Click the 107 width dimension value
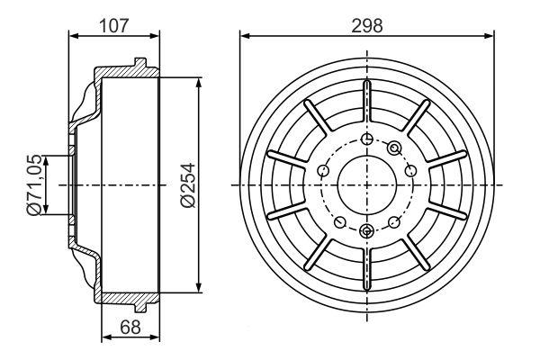click(x=113, y=26)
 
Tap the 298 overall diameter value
click(x=367, y=26)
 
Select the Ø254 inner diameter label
click(x=188, y=185)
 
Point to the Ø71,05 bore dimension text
click(x=34, y=185)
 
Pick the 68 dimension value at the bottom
click(x=130, y=327)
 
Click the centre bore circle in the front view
click(x=367, y=185)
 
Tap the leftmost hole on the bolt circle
click(x=323, y=170)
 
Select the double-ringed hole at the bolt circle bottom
click(x=367, y=230)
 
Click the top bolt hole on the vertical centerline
click(x=367, y=139)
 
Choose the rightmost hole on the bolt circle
click(x=410, y=170)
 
